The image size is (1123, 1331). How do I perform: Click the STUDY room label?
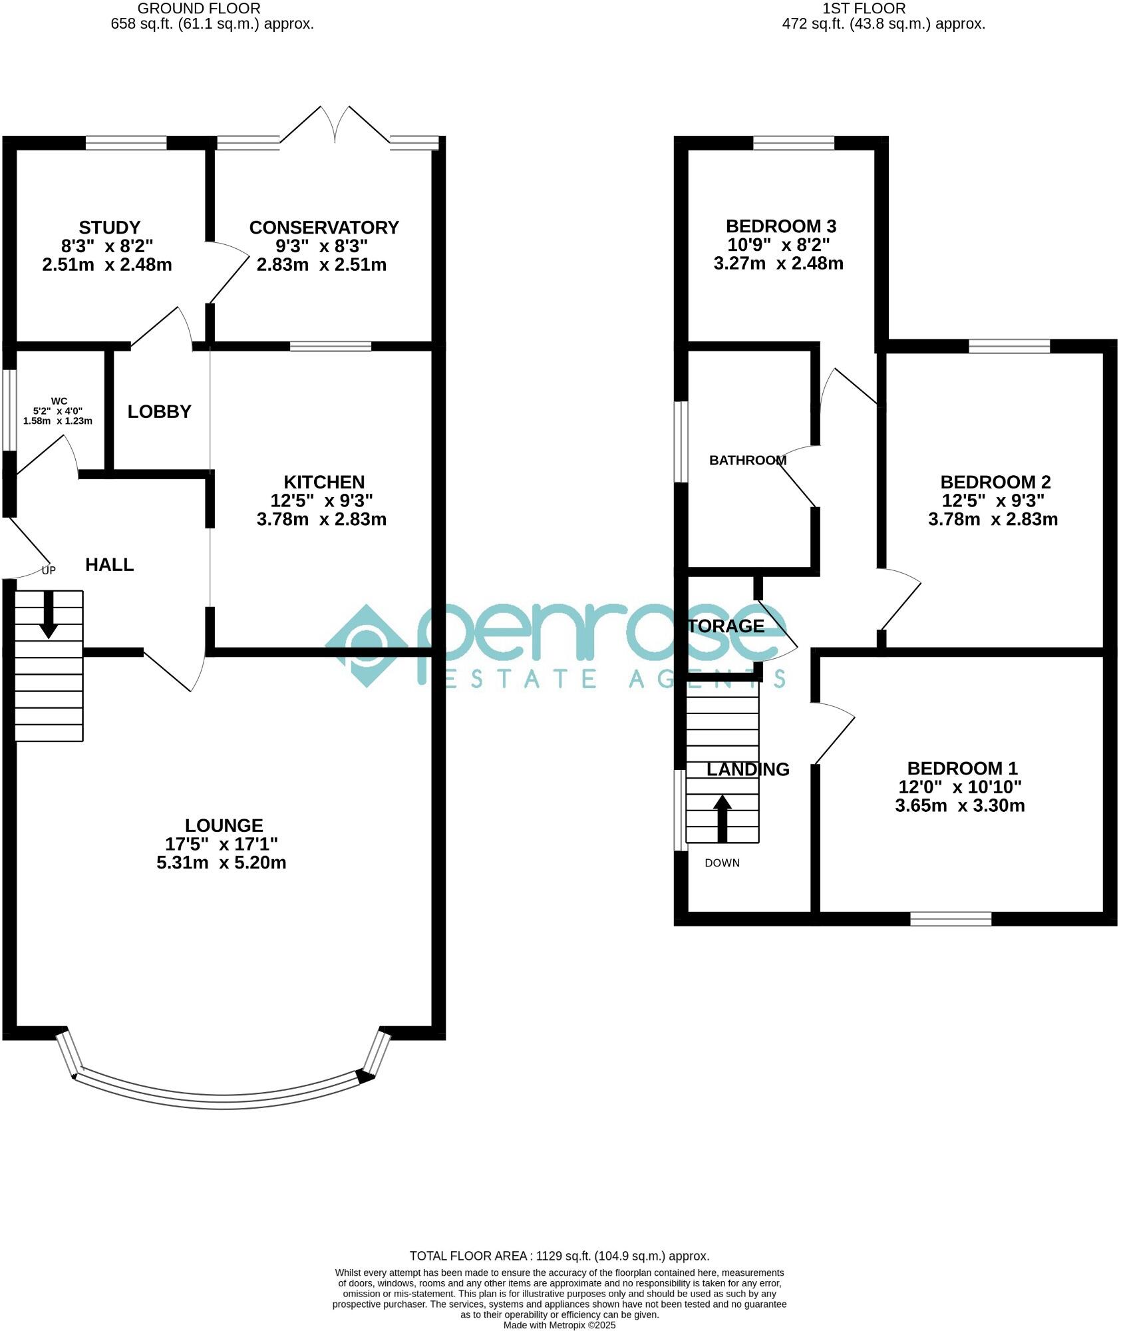click(x=109, y=228)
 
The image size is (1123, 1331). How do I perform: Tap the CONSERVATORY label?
click(x=324, y=228)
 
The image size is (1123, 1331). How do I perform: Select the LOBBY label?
click(x=159, y=412)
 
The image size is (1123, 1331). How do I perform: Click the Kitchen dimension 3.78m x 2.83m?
click(x=321, y=519)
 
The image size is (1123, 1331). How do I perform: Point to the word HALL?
click(x=109, y=565)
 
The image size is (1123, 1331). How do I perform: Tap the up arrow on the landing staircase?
click(x=722, y=818)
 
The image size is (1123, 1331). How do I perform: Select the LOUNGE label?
click(x=224, y=826)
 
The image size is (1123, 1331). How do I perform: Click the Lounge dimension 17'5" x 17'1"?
click(x=221, y=844)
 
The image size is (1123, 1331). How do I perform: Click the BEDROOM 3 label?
click(x=780, y=226)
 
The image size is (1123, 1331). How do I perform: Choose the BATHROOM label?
click(x=747, y=461)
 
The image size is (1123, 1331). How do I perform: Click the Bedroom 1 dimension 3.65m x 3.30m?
click(x=959, y=806)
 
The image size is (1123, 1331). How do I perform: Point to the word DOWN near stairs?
click(x=722, y=863)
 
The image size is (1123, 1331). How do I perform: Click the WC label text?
click(x=59, y=401)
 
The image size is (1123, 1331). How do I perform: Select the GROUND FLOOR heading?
click(x=198, y=9)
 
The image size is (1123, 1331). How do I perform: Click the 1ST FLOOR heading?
click(x=864, y=9)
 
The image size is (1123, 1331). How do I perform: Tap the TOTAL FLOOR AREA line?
click(x=559, y=1256)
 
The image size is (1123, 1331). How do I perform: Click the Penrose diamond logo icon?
click(x=367, y=645)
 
